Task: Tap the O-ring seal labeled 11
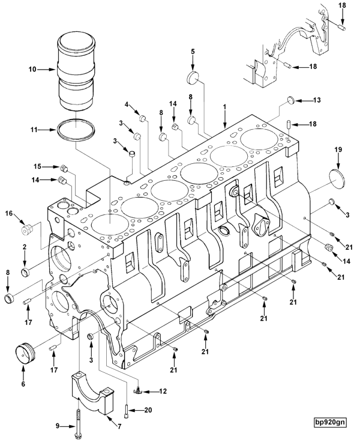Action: tap(76, 130)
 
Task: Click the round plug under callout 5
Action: tap(193, 77)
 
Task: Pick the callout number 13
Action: tap(317, 100)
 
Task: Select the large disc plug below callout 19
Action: tap(339, 178)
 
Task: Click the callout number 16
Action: tap(9, 213)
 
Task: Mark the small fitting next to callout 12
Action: tap(137, 391)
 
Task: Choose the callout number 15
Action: tap(37, 166)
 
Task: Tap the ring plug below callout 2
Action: tap(25, 274)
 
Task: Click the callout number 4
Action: tap(127, 104)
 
